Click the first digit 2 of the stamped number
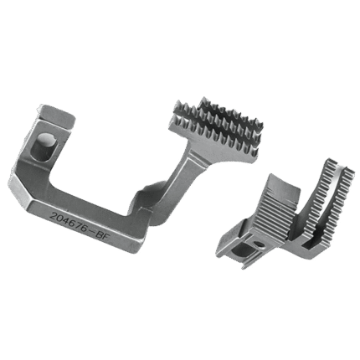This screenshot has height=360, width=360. (52, 216)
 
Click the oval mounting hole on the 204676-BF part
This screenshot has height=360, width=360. (47, 147)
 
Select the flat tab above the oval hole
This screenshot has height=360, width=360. (57, 115)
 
